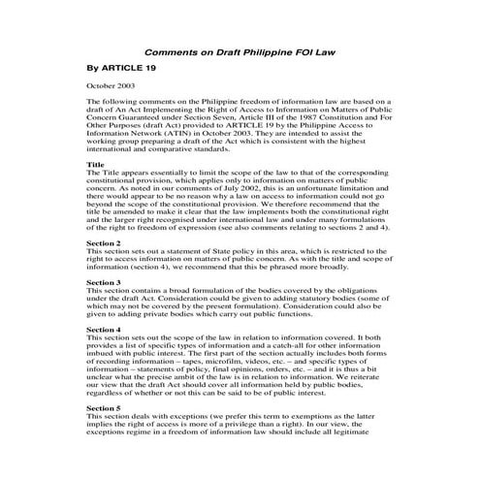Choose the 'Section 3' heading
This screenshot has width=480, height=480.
coord(104,281)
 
